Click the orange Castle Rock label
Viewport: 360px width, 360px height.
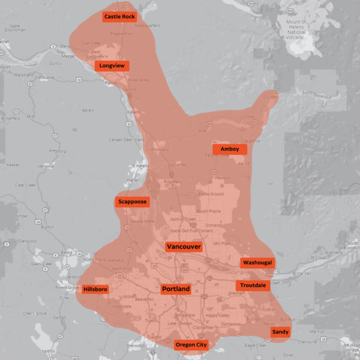click(119, 17)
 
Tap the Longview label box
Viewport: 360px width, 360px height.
click(112, 65)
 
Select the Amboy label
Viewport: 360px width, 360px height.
click(230, 149)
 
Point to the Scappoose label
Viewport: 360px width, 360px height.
click(132, 202)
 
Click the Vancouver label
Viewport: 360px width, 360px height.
click(184, 247)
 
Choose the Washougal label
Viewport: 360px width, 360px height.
click(257, 263)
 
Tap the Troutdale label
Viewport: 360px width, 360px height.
click(252, 285)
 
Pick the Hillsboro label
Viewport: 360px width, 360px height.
click(95, 289)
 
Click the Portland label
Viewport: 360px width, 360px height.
click(176, 289)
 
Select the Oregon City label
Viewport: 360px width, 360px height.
click(191, 345)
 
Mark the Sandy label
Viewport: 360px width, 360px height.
click(280, 332)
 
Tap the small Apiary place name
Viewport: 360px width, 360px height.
click(88, 110)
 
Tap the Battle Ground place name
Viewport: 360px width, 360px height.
click(211, 194)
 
